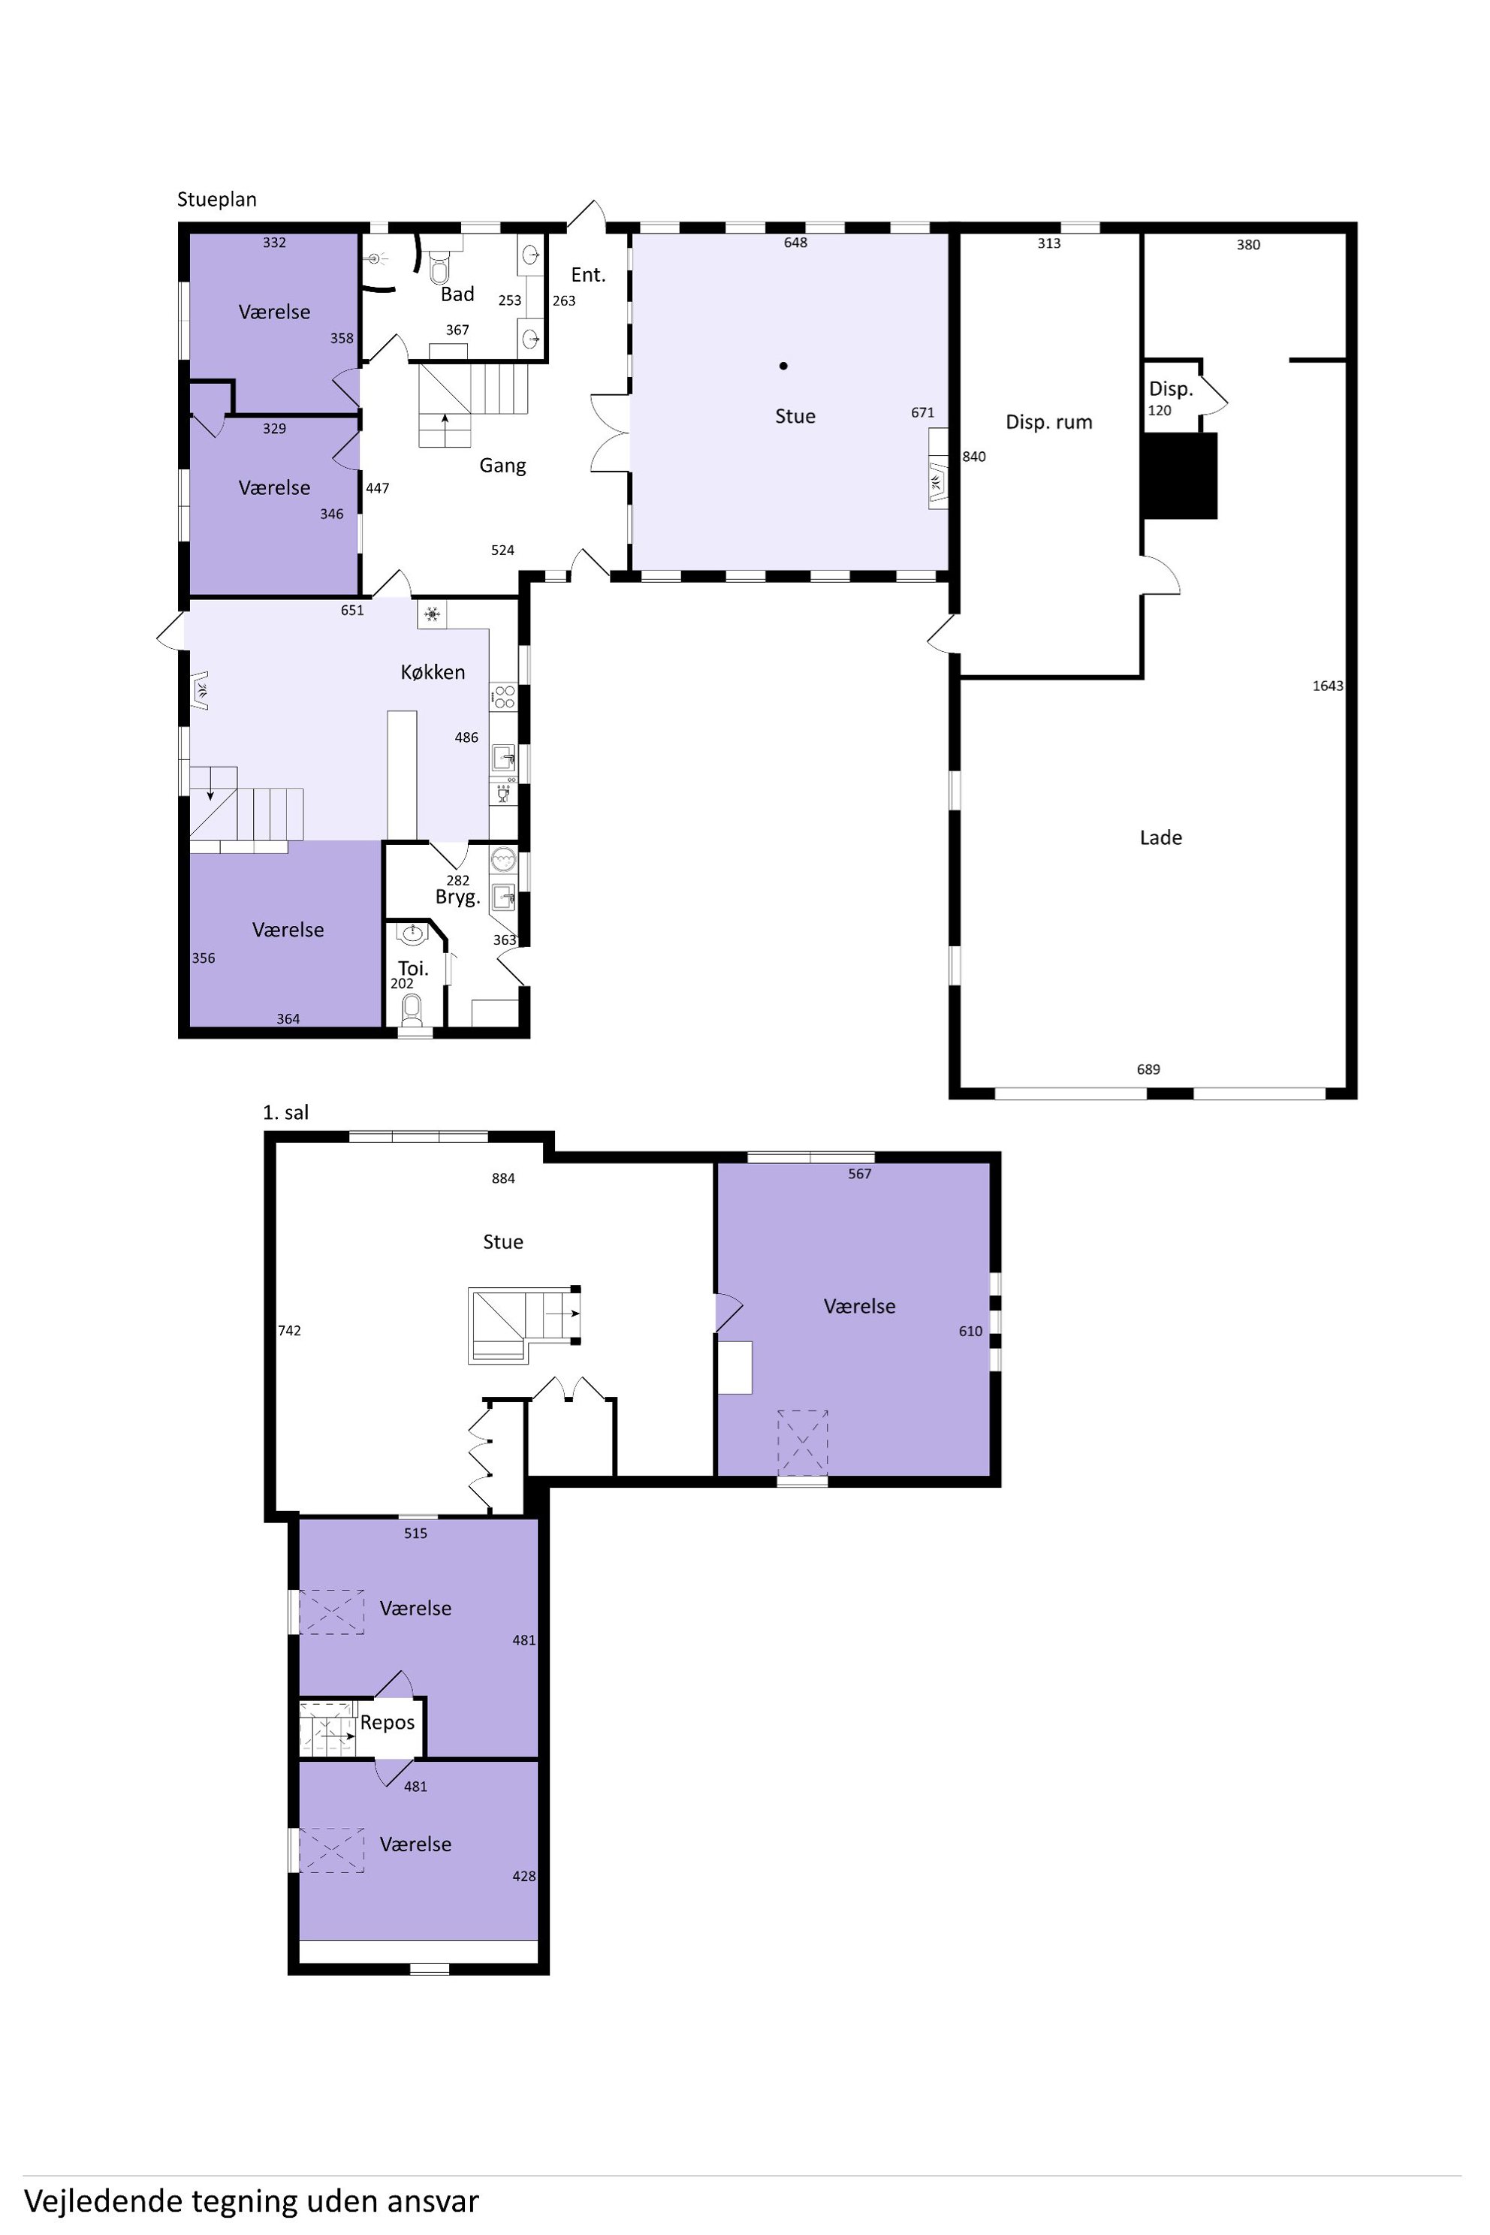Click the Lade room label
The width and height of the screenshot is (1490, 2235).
click(x=1160, y=837)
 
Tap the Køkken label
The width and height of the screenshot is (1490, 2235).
click(x=433, y=672)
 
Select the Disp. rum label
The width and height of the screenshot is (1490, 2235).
click(x=1048, y=422)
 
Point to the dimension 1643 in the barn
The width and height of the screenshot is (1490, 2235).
click(x=1328, y=685)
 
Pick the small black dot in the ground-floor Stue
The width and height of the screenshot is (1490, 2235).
click(x=783, y=365)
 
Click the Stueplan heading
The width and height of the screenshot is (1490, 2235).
click(x=216, y=200)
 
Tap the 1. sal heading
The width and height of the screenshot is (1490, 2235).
click(x=285, y=1111)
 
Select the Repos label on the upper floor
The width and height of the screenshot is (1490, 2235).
click(x=387, y=1723)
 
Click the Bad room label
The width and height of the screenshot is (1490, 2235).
click(x=457, y=294)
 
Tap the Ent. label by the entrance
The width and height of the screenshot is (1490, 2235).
click(x=588, y=275)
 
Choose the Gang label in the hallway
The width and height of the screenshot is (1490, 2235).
click(x=502, y=466)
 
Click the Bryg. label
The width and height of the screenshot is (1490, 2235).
click(x=457, y=897)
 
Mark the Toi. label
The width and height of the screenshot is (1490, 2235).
click(x=413, y=968)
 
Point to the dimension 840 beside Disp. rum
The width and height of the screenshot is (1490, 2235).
click(x=974, y=456)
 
